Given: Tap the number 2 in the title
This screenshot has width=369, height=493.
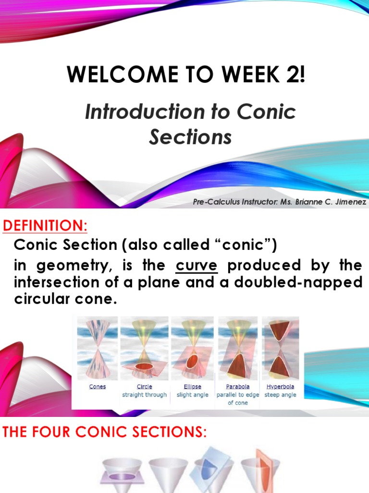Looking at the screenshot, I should point(292,76).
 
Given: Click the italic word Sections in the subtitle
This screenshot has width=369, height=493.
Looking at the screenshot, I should point(190,137).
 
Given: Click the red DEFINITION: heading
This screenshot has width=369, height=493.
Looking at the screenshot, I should point(46,225).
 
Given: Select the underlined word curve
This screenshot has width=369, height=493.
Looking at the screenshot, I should point(197,265).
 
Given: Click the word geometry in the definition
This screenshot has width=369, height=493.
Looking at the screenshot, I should point(71,265).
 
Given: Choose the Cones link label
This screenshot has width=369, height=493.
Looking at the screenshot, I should point(98,387).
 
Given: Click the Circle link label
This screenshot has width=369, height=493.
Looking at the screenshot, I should point(144,387).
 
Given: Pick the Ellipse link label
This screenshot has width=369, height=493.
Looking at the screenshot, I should point(192,387).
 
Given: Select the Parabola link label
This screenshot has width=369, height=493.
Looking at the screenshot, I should point(237,387).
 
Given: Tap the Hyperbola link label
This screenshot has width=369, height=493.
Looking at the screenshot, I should point(281,387).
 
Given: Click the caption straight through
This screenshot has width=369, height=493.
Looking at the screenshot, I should point(144,395).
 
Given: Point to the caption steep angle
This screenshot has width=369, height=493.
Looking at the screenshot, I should point(281,395).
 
